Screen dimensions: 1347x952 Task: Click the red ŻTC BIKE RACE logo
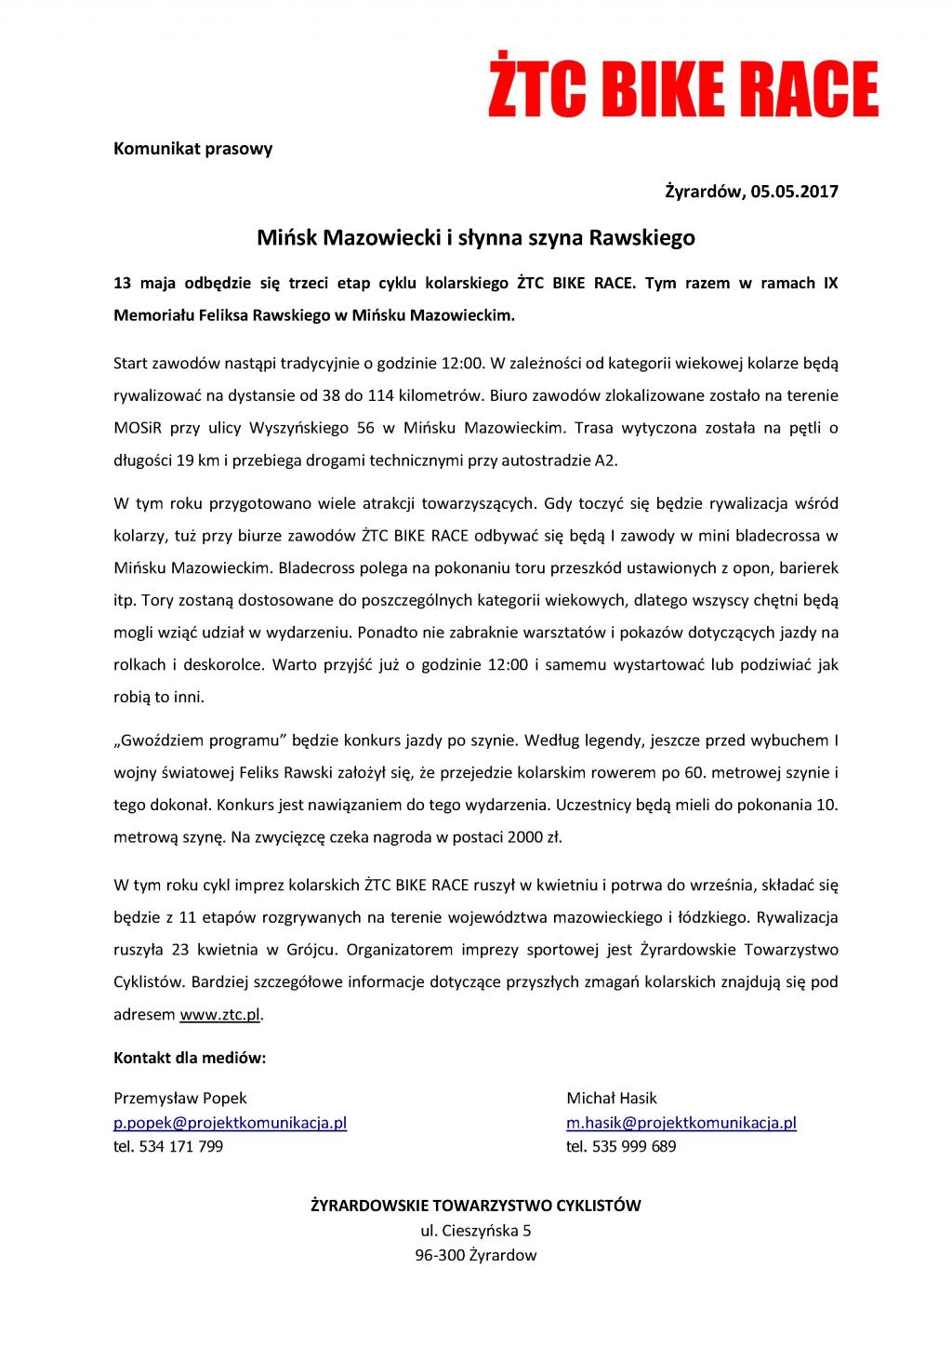(683, 89)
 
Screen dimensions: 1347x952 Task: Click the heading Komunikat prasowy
(192, 148)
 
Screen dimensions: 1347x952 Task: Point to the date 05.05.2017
(795, 193)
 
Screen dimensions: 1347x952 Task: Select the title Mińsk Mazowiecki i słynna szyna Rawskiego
(475, 238)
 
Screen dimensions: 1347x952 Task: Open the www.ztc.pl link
(219, 1014)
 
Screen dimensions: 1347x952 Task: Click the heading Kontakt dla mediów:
(190, 1058)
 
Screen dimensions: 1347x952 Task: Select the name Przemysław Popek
(180, 1098)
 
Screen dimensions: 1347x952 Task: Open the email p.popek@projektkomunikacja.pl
(230, 1122)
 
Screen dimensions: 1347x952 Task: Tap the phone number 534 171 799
(180, 1146)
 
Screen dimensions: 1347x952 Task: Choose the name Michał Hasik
(612, 1098)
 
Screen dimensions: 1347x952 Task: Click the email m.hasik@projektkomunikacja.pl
(681, 1122)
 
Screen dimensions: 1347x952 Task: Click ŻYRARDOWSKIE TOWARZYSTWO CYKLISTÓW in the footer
(475, 1206)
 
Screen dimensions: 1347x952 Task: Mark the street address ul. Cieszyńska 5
(475, 1231)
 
